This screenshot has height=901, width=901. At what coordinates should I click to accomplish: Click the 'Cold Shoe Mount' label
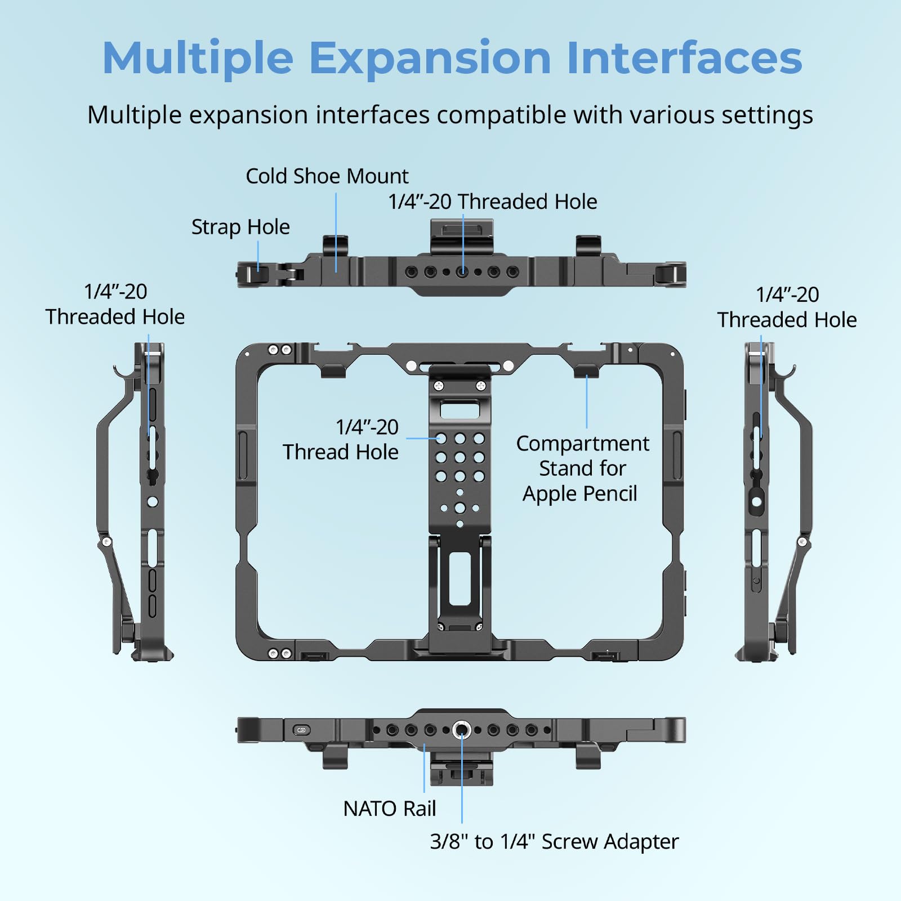[327, 176]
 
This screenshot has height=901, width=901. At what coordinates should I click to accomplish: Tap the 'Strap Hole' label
[240, 227]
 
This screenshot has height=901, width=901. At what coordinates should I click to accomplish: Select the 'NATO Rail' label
[389, 809]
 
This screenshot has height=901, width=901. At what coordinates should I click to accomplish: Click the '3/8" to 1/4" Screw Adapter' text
[554, 841]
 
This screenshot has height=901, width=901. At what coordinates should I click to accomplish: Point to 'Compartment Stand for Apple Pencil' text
[582, 469]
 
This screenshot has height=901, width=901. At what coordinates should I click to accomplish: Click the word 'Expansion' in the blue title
[430, 58]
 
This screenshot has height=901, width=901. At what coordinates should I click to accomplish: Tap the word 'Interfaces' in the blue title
[684, 58]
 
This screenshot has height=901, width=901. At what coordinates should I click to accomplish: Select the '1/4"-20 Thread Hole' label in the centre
[341, 439]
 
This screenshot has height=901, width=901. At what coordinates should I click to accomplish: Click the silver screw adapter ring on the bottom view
[462, 730]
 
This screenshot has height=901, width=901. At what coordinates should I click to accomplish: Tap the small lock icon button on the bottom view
[301, 730]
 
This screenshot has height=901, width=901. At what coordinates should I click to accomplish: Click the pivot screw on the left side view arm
[105, 542]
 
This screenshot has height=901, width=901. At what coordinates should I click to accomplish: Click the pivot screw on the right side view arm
[802, 542]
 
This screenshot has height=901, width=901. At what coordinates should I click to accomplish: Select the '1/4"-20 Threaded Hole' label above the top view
[492, 202]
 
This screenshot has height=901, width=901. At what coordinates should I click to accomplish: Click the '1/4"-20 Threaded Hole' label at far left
[115, 304]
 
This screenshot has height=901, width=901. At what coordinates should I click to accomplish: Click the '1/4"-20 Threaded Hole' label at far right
[787, 307]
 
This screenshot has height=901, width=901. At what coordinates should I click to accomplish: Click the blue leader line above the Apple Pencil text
[586, 403]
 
